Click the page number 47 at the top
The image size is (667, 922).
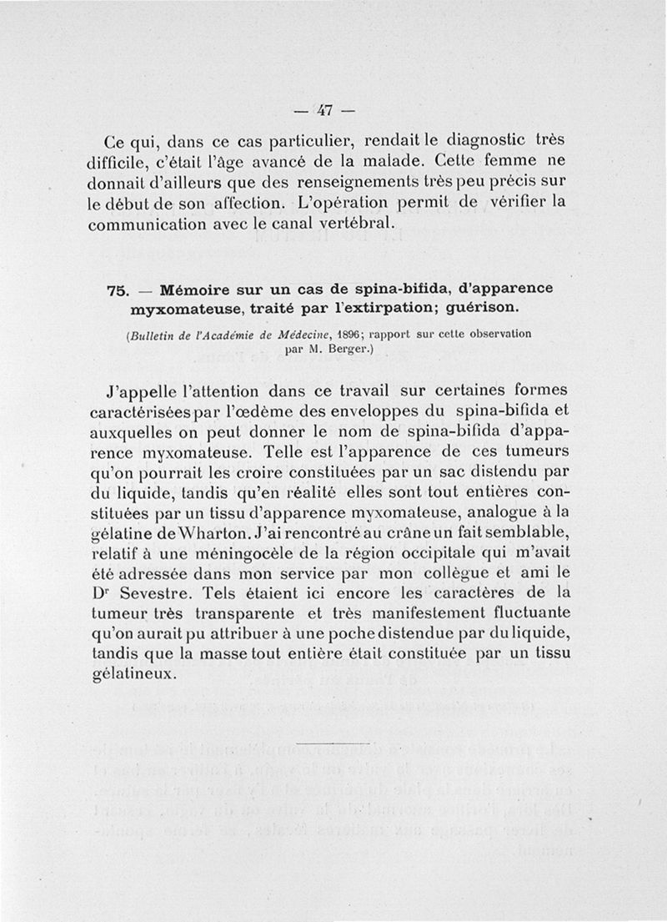click(325, 108)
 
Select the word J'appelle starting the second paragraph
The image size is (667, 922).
click(146, 391)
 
